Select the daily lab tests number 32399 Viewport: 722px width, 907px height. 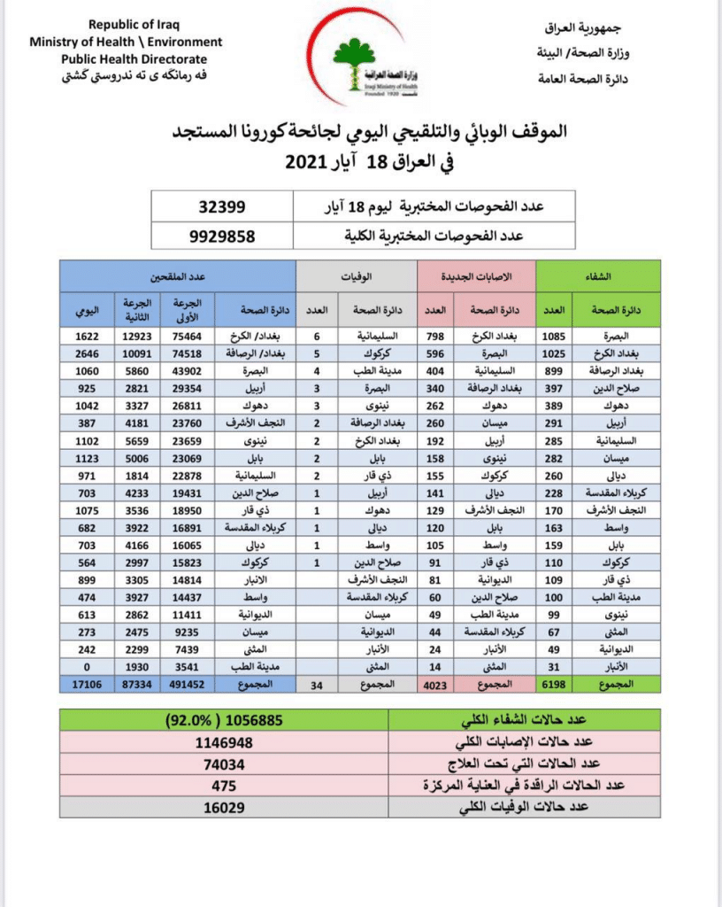click(x=222, y=206)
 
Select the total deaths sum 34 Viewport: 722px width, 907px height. click(x=316, y=685)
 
